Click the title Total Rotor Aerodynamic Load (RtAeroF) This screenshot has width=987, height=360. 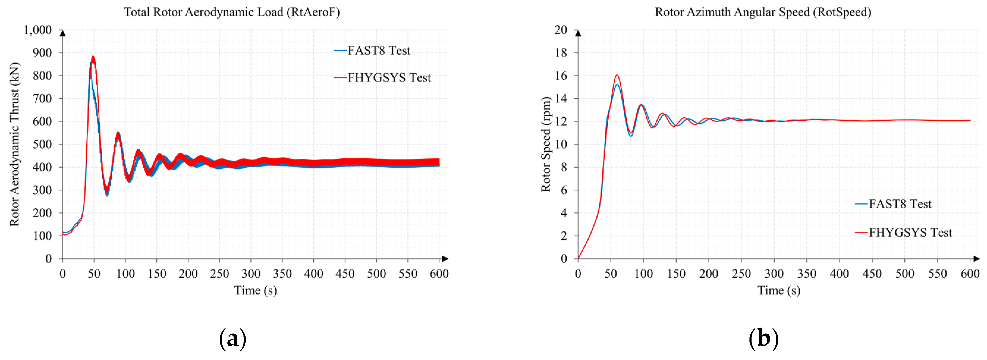pos(232,12)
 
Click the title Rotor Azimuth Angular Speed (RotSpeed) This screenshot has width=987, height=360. pos(763,12)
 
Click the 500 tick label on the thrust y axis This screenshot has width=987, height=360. pos(42,144)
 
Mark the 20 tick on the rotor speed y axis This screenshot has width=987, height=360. pos(561,30)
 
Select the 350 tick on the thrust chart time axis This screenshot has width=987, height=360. pos(282,273)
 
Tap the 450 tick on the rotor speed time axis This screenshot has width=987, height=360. pos(872,273)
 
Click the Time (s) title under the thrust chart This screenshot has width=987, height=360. pos(256,290)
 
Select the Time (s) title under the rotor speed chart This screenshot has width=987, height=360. pos(779,290)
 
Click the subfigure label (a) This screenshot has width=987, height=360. pos(232,339)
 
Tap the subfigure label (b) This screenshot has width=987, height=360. pos(764,339)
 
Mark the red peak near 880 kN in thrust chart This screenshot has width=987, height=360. pos(93,58)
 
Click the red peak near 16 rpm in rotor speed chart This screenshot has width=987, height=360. pos(617,75)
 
